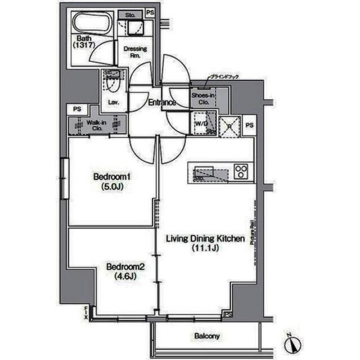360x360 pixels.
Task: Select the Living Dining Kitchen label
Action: click(x=205, y=238)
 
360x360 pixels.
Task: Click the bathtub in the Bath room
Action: click(x=92, y=24)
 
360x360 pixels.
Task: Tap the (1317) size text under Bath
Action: click(x=85, y=46)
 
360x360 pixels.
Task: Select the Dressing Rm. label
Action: click(x=135, y=52)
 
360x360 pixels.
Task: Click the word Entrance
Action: click(x=162, y=102)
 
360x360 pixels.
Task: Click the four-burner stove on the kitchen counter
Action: click(x=242, y=170)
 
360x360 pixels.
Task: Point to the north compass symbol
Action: click(x=293, y=342)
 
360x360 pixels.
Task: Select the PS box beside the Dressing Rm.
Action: click(x=150, y=12)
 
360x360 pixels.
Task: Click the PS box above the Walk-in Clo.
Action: click(x=76, y=109)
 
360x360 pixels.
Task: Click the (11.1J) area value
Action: click(x=205, y=248)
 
